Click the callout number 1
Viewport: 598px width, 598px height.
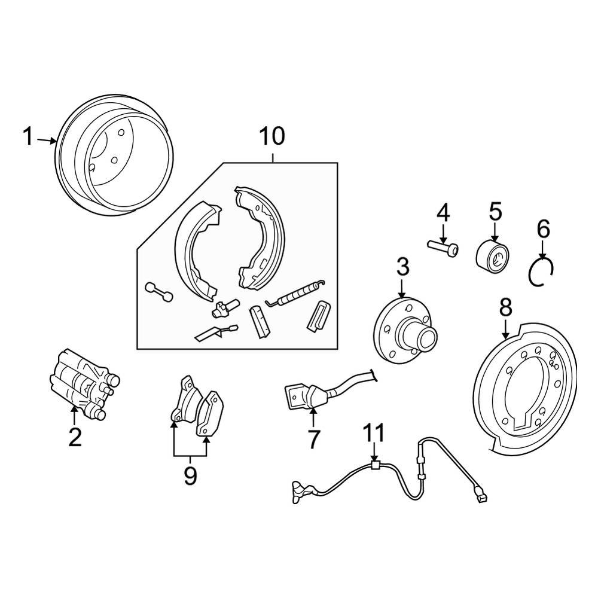(x=28, y=137)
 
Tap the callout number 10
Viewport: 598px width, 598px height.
(x=272, y=136)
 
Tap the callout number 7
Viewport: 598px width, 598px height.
(x=313, y=439)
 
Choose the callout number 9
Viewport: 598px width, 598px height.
(x=190, y=475)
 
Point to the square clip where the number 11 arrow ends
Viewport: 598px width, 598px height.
(x=375, y=466)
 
